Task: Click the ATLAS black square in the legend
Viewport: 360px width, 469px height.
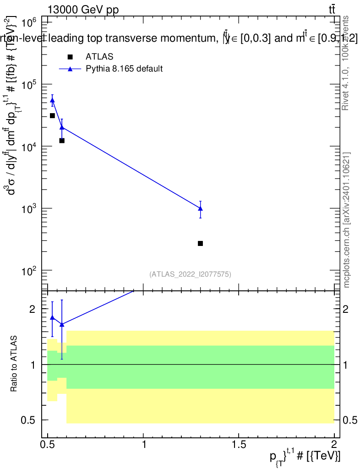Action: [x=70, y=57]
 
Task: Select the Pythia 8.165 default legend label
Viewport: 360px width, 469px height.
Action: [x=124, y=69]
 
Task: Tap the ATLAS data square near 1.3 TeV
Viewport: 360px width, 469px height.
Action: [x=200, y=243]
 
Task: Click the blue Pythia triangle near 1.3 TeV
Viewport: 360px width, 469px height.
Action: [x=200, y=208]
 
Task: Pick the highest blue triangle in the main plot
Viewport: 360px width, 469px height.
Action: [x=52, y=100]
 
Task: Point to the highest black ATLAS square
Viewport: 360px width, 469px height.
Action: [x=52, y=115]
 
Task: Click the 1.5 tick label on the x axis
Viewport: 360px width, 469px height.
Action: [x=239, y=443]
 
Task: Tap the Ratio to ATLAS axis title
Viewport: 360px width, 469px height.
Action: [x=14, y=364]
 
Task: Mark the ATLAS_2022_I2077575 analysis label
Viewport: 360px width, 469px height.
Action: [x=190, y=274]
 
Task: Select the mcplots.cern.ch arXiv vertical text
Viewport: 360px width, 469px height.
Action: [x=347, y=220]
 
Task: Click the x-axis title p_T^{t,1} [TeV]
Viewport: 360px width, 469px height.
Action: [x=304, y=456]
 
